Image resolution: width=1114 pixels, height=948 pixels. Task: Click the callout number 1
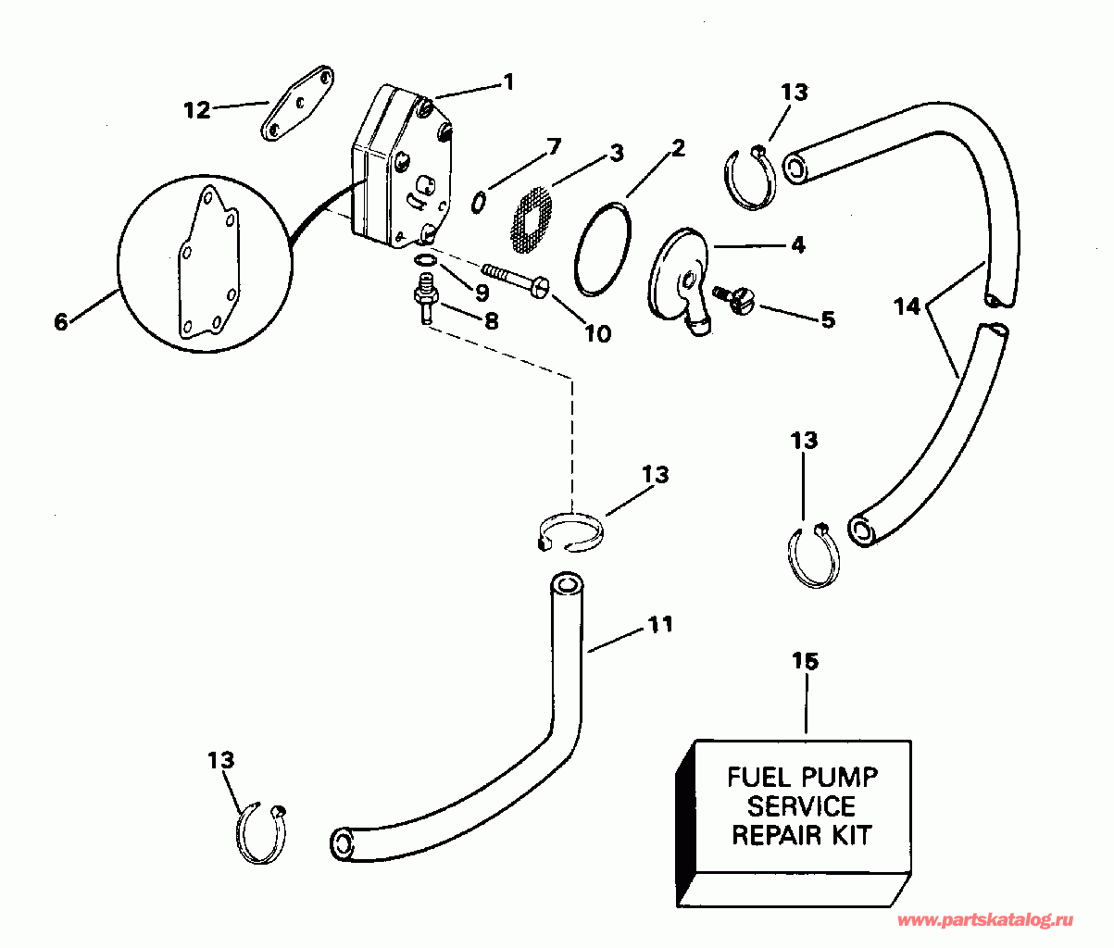pyautogui.click(x=507, y=81)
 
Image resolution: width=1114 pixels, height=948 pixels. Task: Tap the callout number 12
pyautogui.click(x=196, y=110)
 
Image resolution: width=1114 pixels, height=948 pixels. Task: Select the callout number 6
pyautogui.click(x=61, y=322)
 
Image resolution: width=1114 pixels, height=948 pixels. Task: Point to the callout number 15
pyautogui.click(x=806, y=661)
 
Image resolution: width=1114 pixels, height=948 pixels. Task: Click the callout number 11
pyautogui.click(x=659, y=625)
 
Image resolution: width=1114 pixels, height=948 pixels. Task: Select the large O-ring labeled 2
pyautogui.click(x=603, y=249)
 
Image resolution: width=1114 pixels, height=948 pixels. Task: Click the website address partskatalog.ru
pyautogui.click(x=985, y=920)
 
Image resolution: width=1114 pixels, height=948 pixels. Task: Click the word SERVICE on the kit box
pyautogui.click(x=801, y=805)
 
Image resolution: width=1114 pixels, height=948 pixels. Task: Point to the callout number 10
pyautogui.click(x=598, y=333)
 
